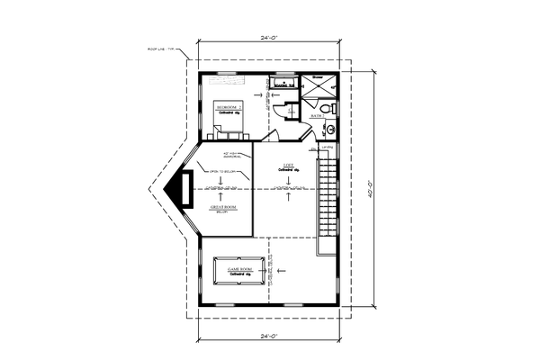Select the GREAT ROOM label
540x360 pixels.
coord(224,208)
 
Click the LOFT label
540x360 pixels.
coord(288,165)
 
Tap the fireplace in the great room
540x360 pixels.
coord(183,191)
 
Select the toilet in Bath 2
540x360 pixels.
coord(328,109)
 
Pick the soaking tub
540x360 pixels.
coord(283,85)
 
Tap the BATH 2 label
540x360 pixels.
coord(317,116)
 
